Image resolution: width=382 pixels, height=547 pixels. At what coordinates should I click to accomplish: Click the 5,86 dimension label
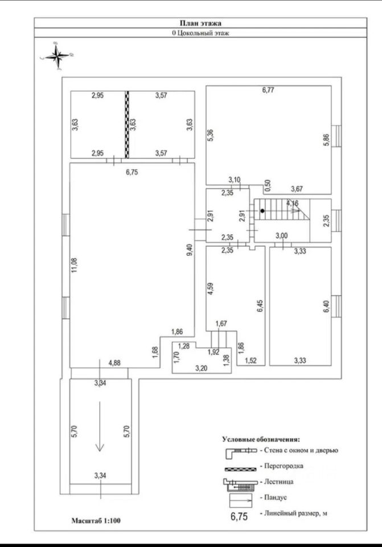click(x=326, y=141)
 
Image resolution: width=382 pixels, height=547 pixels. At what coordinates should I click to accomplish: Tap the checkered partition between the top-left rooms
click(x=127, y=124)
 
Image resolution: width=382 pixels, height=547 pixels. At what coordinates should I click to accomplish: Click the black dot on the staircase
click(x=262, y=211)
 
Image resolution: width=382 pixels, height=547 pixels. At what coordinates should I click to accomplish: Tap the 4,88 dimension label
click(x=115, y=362)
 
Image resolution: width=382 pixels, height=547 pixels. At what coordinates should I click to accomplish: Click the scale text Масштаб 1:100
click(x=96, y=520)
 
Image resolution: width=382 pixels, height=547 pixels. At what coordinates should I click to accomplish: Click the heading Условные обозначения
click(x=261, y=439)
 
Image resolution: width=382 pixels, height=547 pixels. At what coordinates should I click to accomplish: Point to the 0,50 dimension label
click(x=268, y=186)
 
